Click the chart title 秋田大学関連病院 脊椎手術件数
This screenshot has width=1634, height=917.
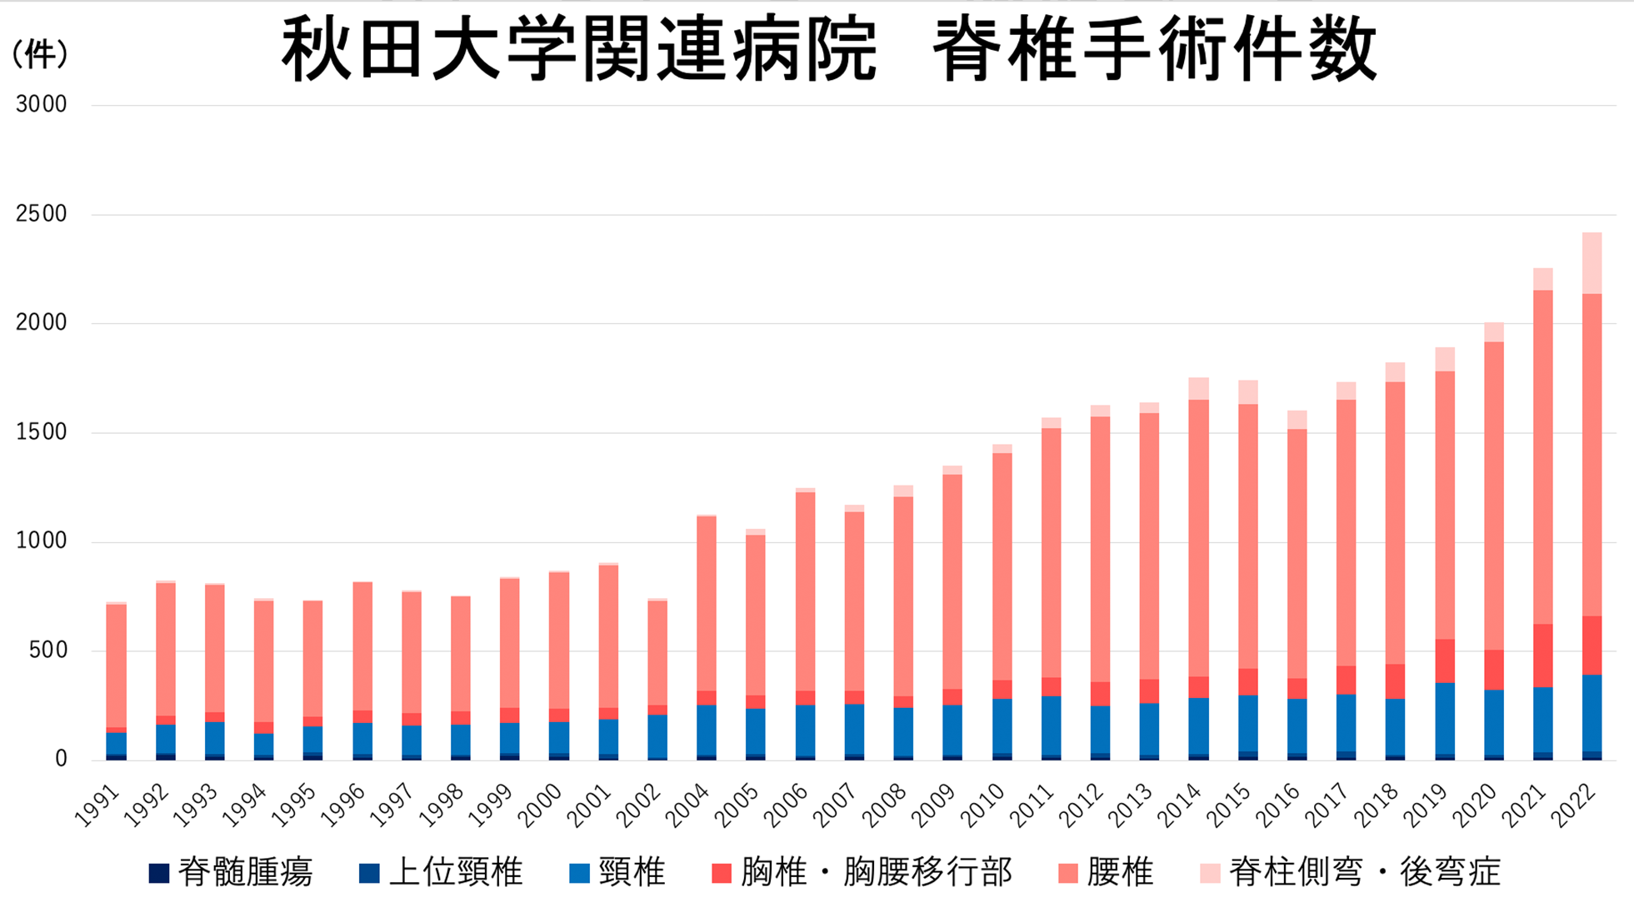pos(829,50)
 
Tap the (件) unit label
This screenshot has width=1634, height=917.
pos(39,55)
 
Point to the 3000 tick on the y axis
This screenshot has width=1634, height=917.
pos(41,105)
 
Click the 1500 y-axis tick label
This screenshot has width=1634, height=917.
pos(41,432)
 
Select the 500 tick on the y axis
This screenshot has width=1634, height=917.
pos(47,650)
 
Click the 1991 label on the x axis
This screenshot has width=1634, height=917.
pos(98,805)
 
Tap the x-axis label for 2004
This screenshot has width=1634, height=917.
pos(688,805)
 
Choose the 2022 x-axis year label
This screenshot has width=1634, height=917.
pos(1574,805)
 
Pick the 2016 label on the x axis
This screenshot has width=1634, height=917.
pos(1278,805)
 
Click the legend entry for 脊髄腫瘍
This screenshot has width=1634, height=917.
pos(231,873)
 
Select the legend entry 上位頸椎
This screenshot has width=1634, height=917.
pos(441,873)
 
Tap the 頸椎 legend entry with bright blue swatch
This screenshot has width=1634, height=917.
pos(617,873)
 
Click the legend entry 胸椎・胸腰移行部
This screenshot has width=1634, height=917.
pos(862,873)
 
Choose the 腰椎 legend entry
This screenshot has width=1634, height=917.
pos(1106,873)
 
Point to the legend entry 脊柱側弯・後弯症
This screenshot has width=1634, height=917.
pos(1350,873)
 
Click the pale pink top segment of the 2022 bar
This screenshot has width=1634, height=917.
pos(1592,263)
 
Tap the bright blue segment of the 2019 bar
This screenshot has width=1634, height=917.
pos(1445,718)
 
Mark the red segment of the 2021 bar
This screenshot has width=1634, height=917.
pos(1542,655)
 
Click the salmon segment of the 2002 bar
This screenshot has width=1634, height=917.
pos(657,653)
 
